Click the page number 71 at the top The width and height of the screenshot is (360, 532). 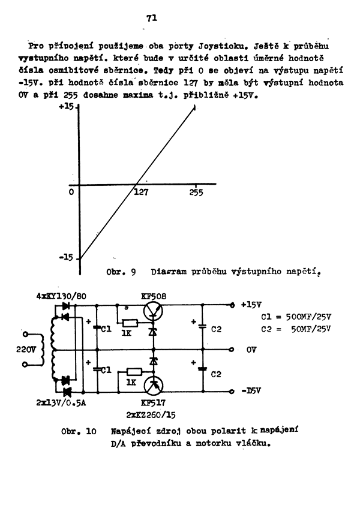[x=151, y=18]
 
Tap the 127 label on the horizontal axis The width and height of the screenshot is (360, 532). [x=140, y=193]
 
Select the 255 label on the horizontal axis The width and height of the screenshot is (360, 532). [x=196, y=193]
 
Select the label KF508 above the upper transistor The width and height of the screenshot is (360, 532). [x=154, y=296]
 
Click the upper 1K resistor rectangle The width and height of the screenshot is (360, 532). [x=130, y=322]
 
